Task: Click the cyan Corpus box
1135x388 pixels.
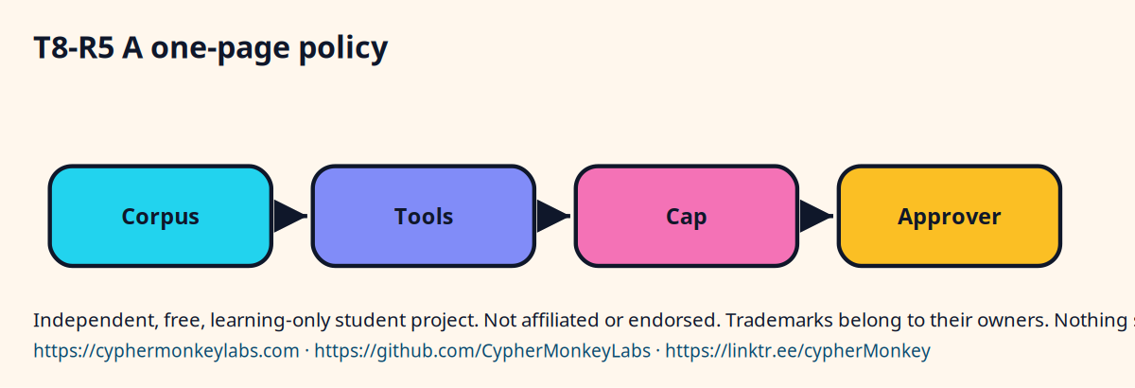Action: point(161,216)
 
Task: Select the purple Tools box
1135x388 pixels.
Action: point(424,216)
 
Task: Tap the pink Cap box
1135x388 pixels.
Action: point(687,216)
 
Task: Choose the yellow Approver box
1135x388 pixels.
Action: point(950,216)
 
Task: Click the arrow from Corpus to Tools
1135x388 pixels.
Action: point(290,216)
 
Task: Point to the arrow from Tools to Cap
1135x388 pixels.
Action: point(553,216)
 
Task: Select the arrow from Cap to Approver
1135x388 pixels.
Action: point(816,216)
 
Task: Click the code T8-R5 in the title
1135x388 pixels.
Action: point(74,48)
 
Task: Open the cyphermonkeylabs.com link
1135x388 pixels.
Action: point(166,351)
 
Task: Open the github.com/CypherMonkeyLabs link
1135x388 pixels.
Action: point(482,351)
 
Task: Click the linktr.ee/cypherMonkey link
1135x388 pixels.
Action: point(797,351)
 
